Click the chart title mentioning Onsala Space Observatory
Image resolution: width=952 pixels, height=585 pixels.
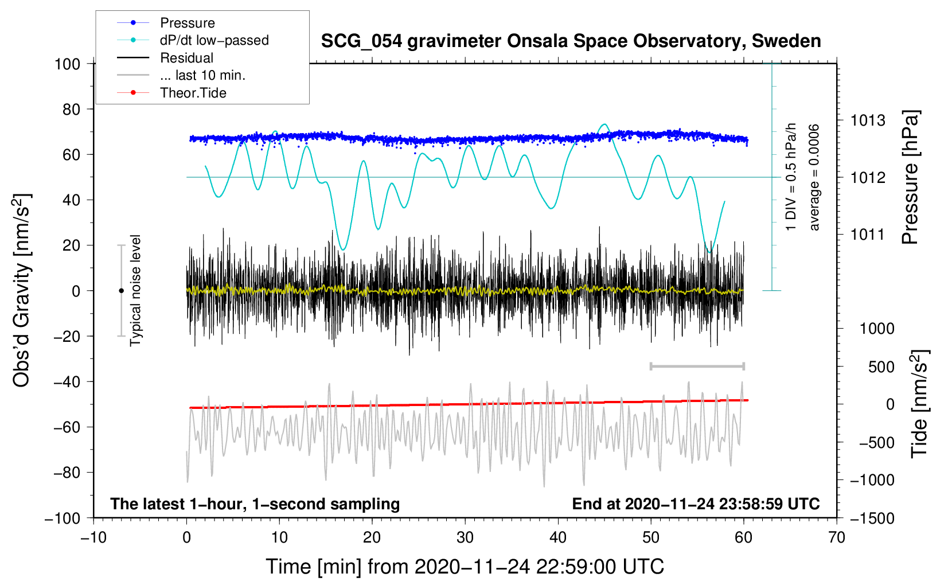571,41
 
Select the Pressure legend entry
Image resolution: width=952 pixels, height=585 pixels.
187,23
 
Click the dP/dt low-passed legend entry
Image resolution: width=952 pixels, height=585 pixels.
214,40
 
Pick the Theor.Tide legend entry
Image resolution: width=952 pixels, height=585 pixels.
193,93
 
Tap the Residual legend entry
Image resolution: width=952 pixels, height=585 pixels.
186,58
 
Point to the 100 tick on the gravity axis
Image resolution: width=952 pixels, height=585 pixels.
67,64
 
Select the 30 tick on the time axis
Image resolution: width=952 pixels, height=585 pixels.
465,537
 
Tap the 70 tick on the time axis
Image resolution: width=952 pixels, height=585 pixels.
837,537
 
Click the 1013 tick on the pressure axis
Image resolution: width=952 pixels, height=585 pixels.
868,120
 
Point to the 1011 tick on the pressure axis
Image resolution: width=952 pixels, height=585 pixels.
868,234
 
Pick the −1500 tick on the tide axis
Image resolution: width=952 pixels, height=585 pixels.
872,518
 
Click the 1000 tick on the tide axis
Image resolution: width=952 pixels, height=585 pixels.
877,328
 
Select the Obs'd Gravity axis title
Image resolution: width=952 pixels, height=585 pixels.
21,291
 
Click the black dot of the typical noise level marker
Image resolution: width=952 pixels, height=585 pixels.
121,291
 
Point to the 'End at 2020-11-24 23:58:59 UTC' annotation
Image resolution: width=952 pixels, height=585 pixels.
696,504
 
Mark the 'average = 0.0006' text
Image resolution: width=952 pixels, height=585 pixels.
814,177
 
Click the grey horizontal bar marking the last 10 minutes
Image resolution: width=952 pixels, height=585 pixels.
697,366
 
